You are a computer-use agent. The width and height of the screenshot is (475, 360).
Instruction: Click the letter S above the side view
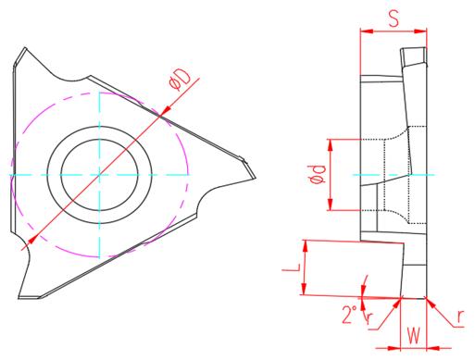(x=394, y=19)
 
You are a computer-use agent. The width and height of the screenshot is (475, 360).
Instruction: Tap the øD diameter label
(x=180, y=81)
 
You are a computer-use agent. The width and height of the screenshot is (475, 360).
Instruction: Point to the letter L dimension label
(x=292, y=267)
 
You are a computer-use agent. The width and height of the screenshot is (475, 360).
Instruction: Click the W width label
(x=414, y=336)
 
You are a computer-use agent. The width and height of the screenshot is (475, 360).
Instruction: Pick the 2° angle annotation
(x=350, y=315)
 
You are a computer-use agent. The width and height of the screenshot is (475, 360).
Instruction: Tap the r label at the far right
(x=460, y=316)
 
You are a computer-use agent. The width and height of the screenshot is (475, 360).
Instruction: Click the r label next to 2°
(x=369, y=317)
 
